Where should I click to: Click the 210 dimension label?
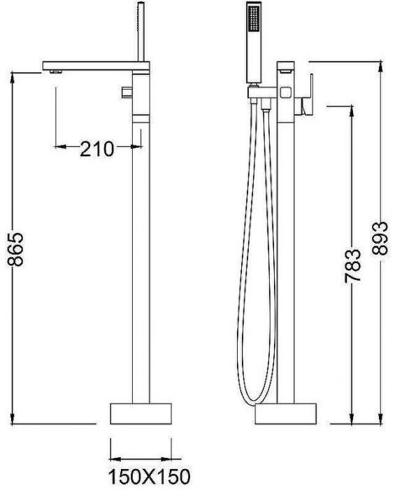[x=97, y=149]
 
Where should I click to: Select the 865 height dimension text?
[x=15, y=249]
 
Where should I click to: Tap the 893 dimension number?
[x=380, y=239]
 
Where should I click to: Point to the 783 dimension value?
[x=353, y=266]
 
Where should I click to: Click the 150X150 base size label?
[x=149, y=477]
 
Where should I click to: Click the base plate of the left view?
[x=141, y=414]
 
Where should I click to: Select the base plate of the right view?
[x=286, y=414]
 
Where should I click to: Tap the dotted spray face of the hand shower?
[x=254, y=18]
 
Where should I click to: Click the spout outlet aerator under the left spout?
[x=56, y=72]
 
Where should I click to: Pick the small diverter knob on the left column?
[x=127, y=92]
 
